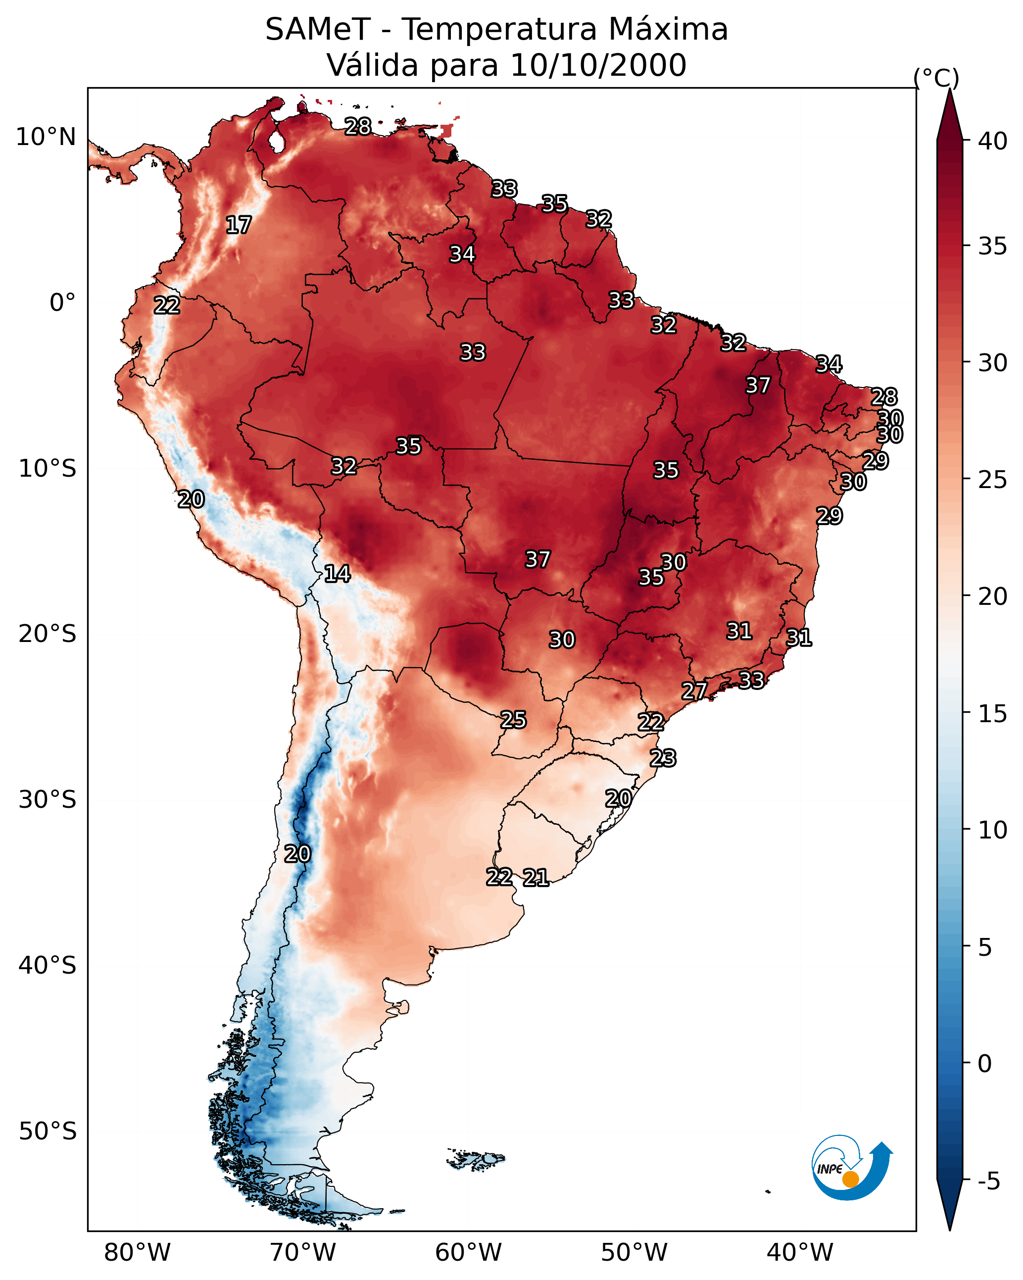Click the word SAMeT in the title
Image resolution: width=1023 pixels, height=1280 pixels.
pos(318,30)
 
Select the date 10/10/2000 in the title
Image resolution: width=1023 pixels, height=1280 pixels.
pos(598,65)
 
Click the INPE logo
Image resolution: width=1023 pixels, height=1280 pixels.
pos(851,1170)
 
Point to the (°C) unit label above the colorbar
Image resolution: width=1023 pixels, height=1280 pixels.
pos(936,78)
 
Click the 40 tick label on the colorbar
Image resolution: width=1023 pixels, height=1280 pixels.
pos(993,141)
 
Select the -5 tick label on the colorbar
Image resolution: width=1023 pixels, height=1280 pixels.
pos(989,1181)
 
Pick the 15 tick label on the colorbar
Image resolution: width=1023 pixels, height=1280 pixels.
pos(993,714)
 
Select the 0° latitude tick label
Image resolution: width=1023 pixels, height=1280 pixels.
pos(62,303)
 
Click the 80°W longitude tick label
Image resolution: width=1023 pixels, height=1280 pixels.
pos(137,1253)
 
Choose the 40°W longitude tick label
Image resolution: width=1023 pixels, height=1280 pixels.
pos(800,1253)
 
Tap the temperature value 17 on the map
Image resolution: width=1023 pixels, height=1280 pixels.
pos(239,225)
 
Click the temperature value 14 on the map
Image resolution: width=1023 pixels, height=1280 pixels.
pos(337,574)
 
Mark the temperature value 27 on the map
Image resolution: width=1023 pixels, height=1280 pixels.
pos(694,690)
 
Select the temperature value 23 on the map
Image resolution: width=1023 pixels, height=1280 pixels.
pos(663,758)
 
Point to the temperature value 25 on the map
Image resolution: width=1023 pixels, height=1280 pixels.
pos(513,720)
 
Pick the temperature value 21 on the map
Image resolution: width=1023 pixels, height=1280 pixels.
pos(536,878)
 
